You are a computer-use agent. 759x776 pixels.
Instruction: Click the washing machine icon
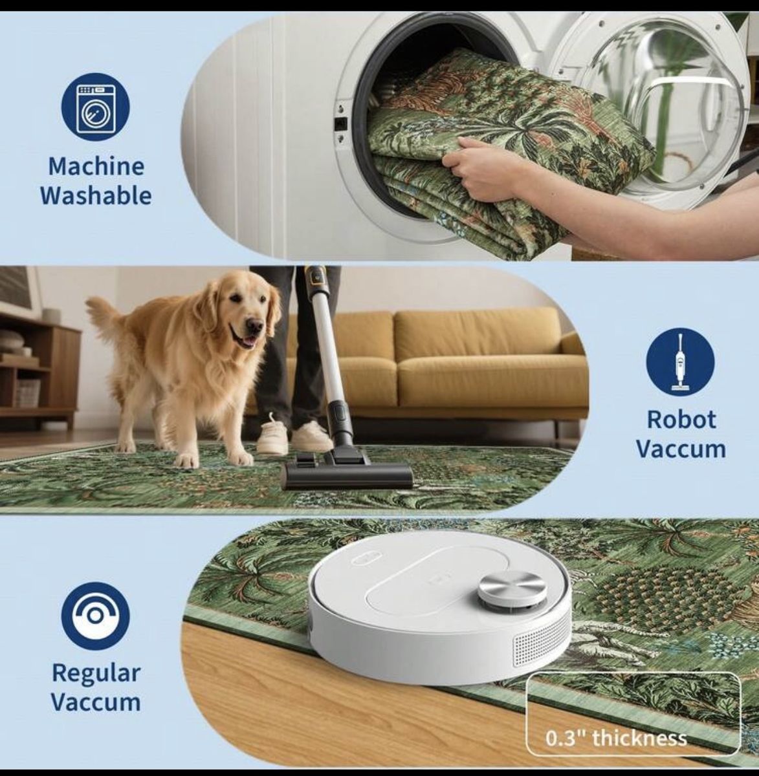95,107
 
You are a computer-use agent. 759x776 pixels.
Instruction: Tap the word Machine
96,166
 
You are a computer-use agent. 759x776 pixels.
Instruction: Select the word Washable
96,196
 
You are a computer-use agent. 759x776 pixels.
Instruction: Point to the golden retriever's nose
254,326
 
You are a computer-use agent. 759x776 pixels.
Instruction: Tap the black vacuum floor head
346,476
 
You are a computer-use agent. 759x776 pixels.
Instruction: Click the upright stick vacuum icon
681,362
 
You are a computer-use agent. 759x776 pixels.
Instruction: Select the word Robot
681,420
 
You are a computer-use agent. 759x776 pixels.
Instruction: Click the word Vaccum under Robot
681,449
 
